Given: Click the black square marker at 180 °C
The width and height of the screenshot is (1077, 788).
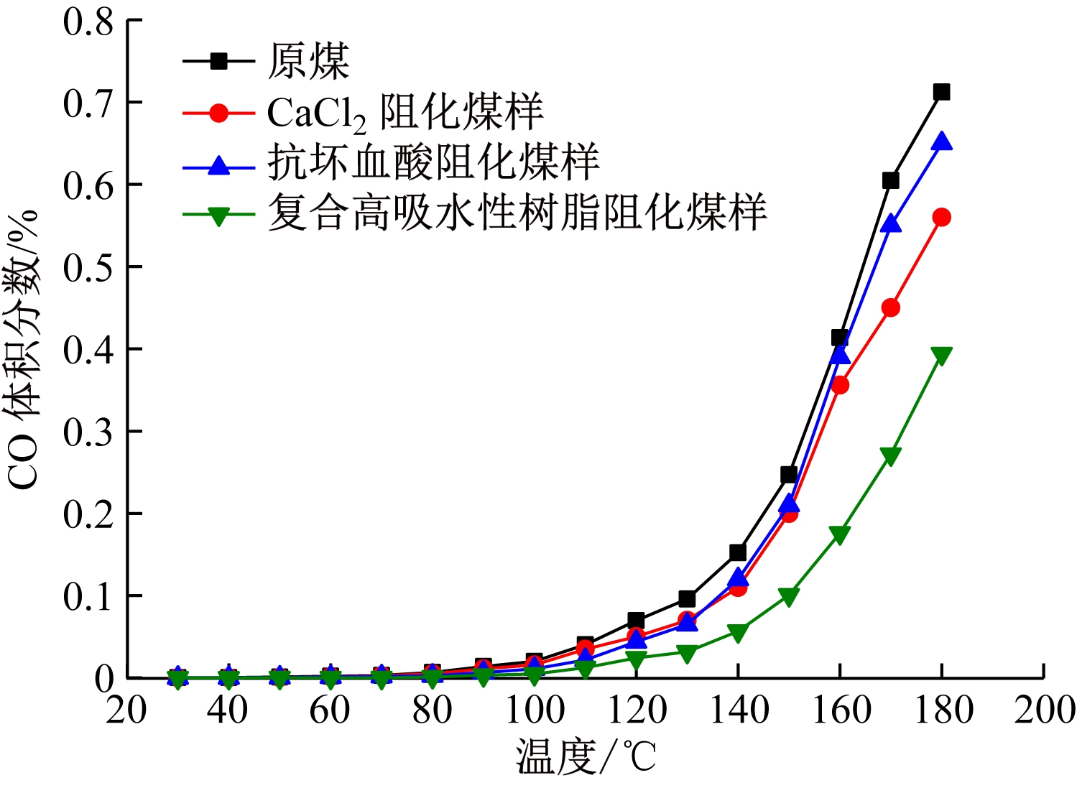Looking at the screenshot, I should point(941,92).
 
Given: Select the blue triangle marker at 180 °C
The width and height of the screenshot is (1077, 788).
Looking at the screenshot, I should point(941,142).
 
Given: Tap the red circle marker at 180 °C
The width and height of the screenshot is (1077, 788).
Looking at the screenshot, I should point(941,217).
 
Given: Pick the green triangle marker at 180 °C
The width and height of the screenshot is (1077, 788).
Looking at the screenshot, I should point(941,355).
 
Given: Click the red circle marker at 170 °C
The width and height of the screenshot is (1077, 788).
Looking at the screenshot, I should point(890,307).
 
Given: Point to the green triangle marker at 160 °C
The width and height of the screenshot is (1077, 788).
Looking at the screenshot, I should point(839,534).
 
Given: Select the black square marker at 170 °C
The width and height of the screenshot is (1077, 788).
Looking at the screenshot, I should point(890,180).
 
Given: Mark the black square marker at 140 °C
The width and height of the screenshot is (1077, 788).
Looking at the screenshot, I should point(738,552).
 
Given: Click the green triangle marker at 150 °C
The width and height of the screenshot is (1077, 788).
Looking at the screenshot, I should point(788,596).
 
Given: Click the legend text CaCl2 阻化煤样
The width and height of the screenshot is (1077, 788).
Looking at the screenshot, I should point(405,113).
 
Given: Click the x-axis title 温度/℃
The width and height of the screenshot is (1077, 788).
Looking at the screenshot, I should point(586,757).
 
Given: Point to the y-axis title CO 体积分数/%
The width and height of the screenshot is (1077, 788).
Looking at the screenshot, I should point(23,349).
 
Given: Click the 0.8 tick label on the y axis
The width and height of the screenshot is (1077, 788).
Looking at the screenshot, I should point(88,22).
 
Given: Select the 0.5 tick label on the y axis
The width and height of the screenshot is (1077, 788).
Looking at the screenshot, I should point(88,267).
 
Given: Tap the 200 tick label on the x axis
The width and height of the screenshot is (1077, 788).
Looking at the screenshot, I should point(1044,710).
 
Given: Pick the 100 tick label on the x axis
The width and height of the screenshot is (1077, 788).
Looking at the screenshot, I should point(535,710).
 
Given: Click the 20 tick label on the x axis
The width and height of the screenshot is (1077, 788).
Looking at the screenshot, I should point(126,710).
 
